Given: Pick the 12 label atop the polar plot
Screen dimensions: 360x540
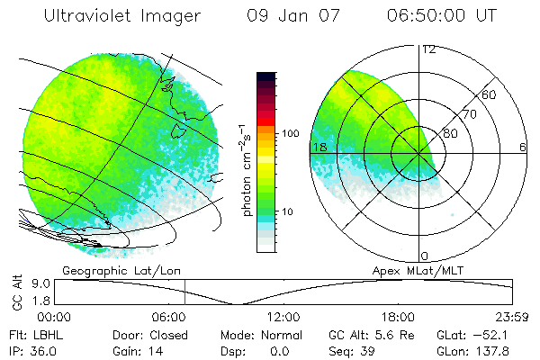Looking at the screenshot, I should pyautogui.click(x=428, y=49).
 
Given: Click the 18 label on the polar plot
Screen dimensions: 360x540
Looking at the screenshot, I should pyautogui.click(x=318, y=147).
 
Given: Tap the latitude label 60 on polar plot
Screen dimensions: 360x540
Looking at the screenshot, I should pyautogui.click(x=490, y=94).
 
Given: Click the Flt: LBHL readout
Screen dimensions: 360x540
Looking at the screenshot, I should pyautogui.click(x=37, y=335).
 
